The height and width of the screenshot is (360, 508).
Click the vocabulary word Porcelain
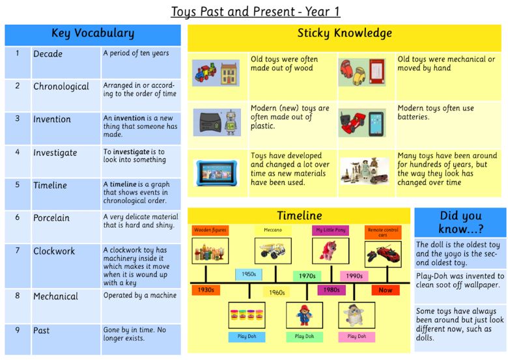point(51,218)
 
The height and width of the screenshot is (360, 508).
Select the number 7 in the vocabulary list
point(18,250)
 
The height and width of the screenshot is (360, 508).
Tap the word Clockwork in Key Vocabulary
point(54,251)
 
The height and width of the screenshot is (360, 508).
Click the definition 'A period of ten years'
point(136,53)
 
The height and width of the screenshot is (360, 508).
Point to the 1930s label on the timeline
point(206,290)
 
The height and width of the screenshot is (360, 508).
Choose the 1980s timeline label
point(332,290)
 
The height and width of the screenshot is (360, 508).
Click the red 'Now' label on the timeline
point(385,290)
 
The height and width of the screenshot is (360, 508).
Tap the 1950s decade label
point(249,274)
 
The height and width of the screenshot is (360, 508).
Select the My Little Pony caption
point(330,230)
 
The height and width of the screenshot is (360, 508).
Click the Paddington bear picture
point(304,315)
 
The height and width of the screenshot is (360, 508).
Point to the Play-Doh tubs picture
point(247,315)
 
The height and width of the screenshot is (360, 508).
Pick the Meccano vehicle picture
point(273,251)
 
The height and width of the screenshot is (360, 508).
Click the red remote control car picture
point(383,254)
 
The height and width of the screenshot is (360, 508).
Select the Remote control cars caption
point(383,232)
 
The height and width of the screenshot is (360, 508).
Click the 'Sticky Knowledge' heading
point(345,33)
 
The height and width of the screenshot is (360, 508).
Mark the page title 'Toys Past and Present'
point(232,12)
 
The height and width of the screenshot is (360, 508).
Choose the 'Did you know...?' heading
point(460,222)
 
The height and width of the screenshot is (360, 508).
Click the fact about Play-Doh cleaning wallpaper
point(460,281)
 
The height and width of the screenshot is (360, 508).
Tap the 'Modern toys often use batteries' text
point(436,113)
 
